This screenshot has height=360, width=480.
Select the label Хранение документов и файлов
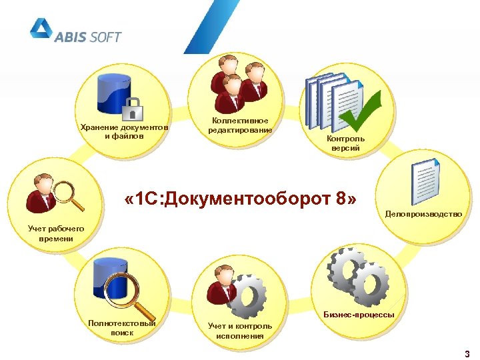pyautogui.click(x=124, y=131)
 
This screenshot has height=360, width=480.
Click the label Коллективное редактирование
pyautogui.click(x=240, y=125)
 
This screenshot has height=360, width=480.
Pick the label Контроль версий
pyautogui.click(x=345, y=143)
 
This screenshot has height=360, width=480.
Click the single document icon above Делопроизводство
pyautogui.click(x=424, y=182)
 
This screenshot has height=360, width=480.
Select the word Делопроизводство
pyautogui.click(x=423, y=214)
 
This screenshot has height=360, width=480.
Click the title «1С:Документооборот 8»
pyautogui.click(x=241, y=200)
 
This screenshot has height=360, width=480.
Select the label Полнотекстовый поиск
pyautogui.click(x=122, y=327)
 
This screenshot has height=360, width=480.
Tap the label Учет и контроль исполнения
pyautogui.click(x=240, y=331)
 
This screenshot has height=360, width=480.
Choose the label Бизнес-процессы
pyautogui.click(x=359, y=314)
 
